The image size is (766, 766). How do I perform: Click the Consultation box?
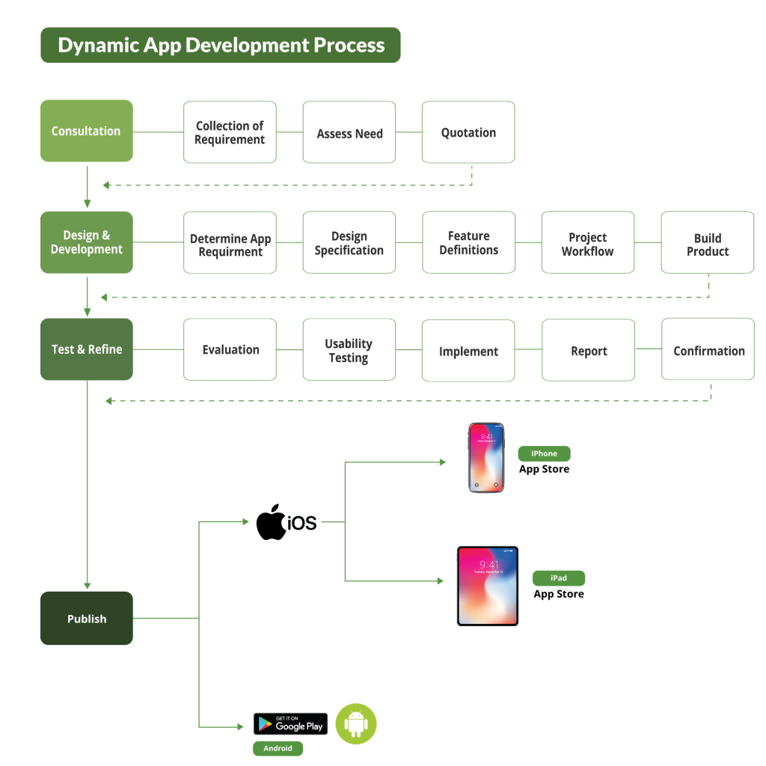pyautogui.click(x=86, y=131)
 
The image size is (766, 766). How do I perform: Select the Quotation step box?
pyautogui.click(x=468, y=132)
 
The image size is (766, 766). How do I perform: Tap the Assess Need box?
pyautogui.click(x=349, y=132)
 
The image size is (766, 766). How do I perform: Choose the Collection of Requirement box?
pyautogui.click(x=230, y=132)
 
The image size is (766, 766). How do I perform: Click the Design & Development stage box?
pyautogui.click(x=86, y=242)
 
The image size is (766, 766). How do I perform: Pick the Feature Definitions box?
pyautogui.click(x=468, y=242)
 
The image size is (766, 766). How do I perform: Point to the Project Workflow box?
pyautogui.click(x=588, y=242)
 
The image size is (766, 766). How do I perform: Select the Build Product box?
pyautogui.click(x=708, y=242)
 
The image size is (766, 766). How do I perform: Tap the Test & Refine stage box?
pyautogui.click(x=86, y=349)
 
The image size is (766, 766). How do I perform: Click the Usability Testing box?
pyautogui.click(x=349, y=350)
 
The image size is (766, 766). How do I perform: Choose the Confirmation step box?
pyautogui.click(x=708, y=350)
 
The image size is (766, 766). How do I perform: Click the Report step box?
pyautogui.click(x=588, y=350)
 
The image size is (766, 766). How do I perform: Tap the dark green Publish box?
pyautogui.click(x=86, y=619)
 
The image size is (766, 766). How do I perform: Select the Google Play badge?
pyautogui.click(x=290, y=724)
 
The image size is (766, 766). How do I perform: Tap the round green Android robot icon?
pyautogui.click(x=356, y=724)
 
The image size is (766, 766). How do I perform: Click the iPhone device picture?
pyautogui.click(x=486, y=458)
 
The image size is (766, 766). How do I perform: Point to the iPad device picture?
pyautogui.click(x=488, y=586)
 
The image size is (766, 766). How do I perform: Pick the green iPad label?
pyautogui.click(x=559, y=578)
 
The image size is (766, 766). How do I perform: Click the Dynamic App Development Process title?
pyautogui.click(x=221, y=45)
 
